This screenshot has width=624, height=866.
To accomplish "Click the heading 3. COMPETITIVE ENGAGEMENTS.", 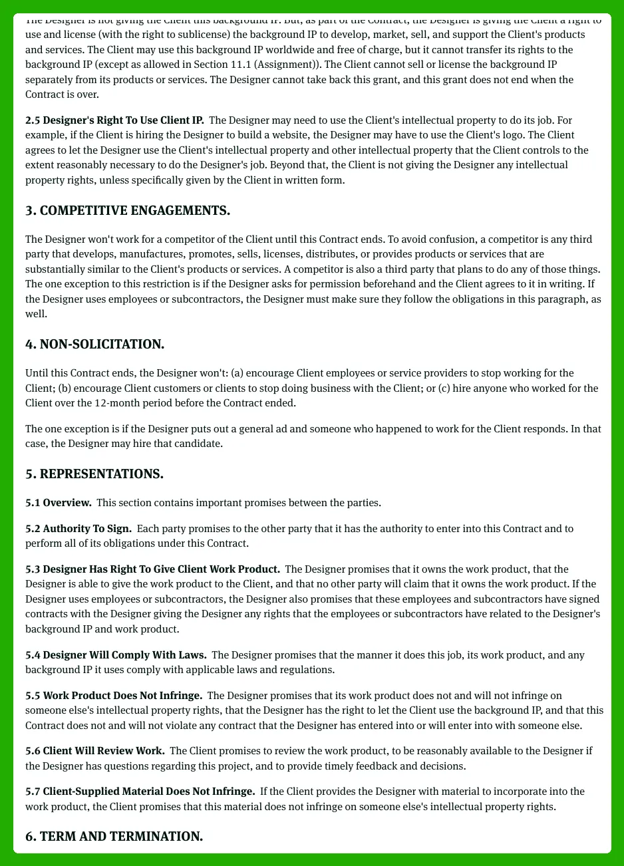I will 128,211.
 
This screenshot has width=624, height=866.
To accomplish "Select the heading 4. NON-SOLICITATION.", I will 94,345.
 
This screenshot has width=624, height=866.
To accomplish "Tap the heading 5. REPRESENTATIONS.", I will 94,474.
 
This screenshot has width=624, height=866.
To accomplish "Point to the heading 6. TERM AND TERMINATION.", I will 114,836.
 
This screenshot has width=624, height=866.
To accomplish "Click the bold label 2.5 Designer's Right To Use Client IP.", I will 114,120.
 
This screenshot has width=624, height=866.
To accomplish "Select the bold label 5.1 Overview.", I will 59,503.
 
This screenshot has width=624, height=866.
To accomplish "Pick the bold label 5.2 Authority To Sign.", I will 78,529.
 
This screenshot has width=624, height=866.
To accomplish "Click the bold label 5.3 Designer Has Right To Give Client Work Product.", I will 152,569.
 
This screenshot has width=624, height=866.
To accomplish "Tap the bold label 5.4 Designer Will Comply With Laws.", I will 116,655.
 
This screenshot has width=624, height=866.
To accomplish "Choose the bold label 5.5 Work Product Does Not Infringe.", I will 114,696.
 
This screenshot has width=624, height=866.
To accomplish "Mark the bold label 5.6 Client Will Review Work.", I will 95,751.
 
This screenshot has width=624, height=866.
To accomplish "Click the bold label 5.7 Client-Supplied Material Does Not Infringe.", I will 140,792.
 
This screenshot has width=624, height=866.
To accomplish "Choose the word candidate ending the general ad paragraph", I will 200,444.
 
